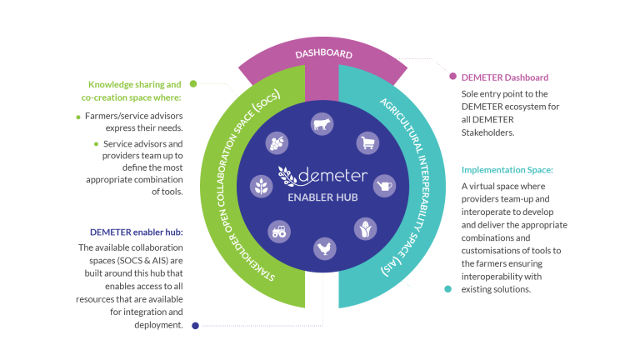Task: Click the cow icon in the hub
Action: pos(322,123)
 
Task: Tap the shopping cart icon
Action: pos(367,143)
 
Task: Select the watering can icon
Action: pos(384,186)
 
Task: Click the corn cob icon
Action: pos(365,229)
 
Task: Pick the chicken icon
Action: pos(325,248)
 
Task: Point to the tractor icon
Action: pos(279,232)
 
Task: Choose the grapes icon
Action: pos(277,142)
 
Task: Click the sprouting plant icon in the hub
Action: pos(261,187)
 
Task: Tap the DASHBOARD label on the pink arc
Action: pos(323,53)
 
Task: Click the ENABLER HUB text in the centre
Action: pos(322,197)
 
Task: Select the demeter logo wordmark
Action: pos(322,176)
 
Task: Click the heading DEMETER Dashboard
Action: pos(505,77)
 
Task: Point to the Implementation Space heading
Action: pos(507,170)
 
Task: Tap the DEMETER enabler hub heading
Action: pos(137,232)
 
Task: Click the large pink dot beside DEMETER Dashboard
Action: pos(452,77)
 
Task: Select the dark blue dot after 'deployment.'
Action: pos(196,326)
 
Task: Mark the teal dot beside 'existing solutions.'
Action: pos(447,289)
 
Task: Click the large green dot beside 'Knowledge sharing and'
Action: pos(193,83)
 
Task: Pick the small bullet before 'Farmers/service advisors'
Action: pos(78,117)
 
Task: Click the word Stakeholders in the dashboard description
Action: pos(487,132)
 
